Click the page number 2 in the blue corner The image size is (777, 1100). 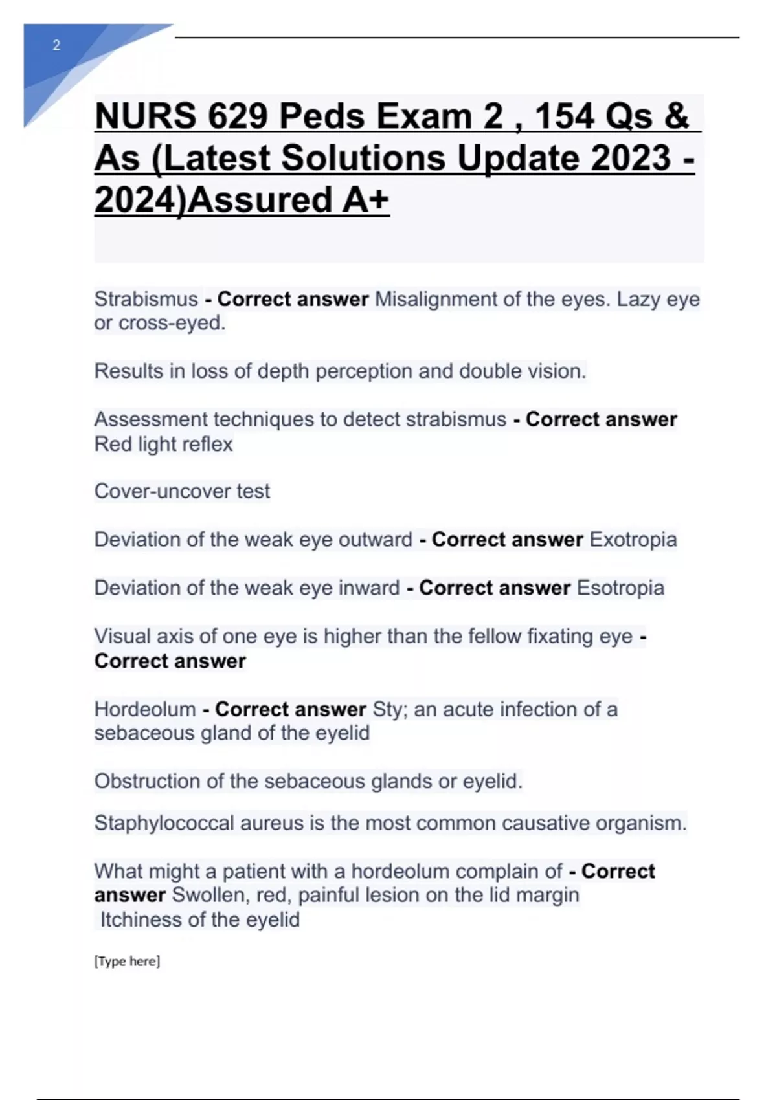[56, 45]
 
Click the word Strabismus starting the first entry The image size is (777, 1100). [146, 299]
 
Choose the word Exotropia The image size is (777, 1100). [633, 540]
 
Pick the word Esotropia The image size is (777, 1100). [620, 588]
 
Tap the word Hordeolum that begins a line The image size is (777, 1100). [145, 709]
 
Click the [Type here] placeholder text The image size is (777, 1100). [127, 962]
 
